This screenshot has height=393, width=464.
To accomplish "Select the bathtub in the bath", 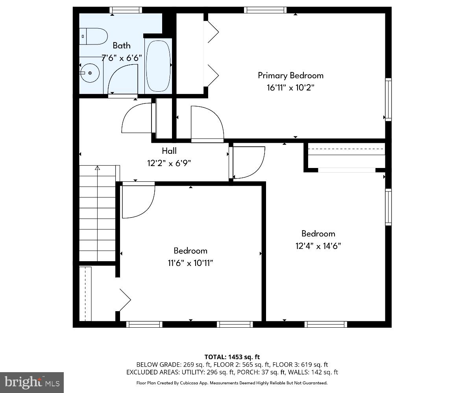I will pyautogui.click(x=158, y=65).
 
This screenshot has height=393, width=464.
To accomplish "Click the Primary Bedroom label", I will pyautogui.click(x=290, y=75).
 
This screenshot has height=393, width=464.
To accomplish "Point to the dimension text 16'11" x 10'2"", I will pyautogui.click(x=290, y=87).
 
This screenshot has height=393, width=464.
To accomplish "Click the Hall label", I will pyautogui.click(x=169, y=151).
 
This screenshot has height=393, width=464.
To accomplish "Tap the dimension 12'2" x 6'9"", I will pyautogui.click(x=169, y=163).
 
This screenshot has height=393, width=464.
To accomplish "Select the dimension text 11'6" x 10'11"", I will pyautogui.click(x=190, y=263).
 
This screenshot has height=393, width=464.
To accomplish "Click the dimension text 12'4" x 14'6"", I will pyautogui.click(x=318, y=246).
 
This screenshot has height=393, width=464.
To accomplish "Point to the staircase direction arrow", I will pyautogui.click(x=97, y=168).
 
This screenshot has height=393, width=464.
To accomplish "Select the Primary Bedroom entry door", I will pyautogui.click(x=207, y=124).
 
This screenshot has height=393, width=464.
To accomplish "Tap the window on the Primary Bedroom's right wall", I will pyautogui.click(x=388, y=99).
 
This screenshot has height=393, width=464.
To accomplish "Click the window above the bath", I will pyautogui.click(x=126, y=10).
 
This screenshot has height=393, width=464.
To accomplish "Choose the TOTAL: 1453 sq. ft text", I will pyautogui.click(x=232, y=357).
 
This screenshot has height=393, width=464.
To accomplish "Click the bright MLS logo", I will pyautogui.click(x=32, y=382).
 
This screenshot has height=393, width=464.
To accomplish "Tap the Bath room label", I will pyautogui.click(x=122, y=45).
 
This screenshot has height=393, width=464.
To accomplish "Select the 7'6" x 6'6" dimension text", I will pyautogui.click(x=122, y=58).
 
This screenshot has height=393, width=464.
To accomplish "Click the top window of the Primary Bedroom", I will pyautogui.click(x=265, y=10).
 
